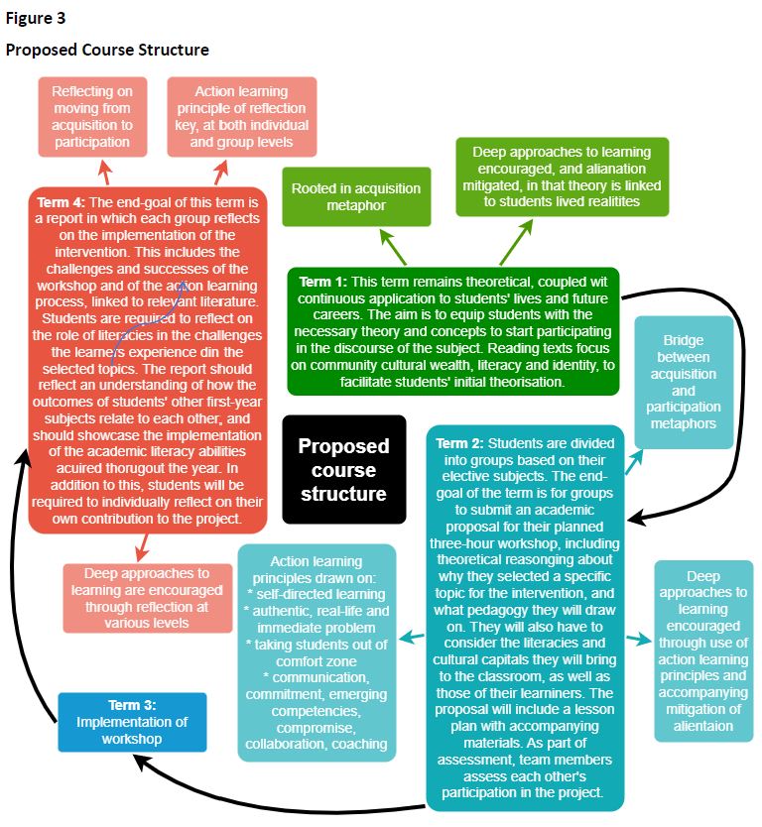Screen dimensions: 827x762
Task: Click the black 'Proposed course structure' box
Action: point(343,469)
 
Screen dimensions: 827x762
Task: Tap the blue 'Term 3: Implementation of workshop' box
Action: point(132,721)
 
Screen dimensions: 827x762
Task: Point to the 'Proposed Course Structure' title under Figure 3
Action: point(107,50)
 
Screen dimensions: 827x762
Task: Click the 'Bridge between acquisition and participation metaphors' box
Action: point(684,382)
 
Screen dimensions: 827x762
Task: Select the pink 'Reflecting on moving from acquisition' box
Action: point(92,116)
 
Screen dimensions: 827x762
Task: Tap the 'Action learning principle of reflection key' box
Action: point(242,116)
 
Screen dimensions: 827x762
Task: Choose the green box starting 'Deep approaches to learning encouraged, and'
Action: point(562,177)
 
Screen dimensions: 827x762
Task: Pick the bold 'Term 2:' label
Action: point(460,442)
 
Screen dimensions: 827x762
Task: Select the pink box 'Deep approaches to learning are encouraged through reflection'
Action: point(147,598)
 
